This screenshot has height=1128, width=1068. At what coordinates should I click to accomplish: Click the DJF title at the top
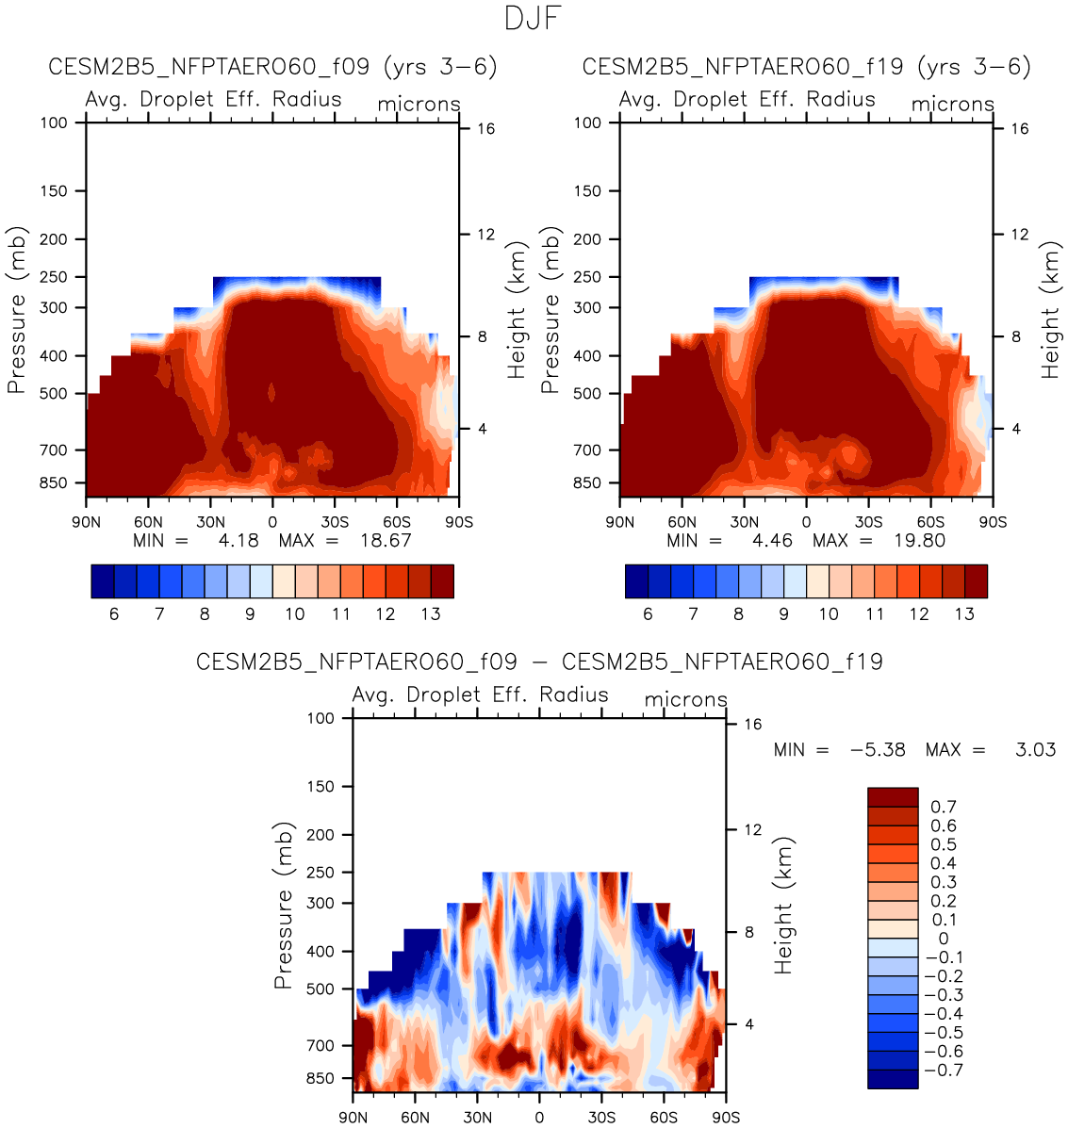534,19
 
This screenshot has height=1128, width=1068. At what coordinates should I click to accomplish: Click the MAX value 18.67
386,541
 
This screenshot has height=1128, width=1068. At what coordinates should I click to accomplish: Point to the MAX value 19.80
919,541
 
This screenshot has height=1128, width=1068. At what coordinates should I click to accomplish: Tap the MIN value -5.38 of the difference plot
878,750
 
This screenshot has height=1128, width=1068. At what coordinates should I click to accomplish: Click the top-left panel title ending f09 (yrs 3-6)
272,68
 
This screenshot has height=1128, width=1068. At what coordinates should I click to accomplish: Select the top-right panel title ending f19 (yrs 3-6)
806,68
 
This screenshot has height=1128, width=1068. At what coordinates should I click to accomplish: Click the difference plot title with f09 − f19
539,662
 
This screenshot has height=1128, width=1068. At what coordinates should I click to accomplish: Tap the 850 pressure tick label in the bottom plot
320,1078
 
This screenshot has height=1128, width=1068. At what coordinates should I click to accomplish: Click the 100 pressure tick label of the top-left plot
54,123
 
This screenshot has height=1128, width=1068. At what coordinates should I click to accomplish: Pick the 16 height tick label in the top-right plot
1019,129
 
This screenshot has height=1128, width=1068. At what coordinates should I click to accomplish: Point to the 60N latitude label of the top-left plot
148,522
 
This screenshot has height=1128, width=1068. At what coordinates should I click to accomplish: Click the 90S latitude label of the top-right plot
993,522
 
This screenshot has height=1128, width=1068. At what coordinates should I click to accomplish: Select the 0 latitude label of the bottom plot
539,1118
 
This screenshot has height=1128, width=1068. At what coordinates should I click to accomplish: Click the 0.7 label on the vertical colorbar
943,808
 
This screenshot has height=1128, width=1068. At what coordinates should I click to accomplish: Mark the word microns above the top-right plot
952,105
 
